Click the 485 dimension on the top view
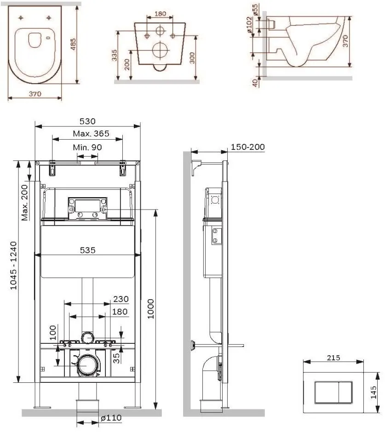pyautogui.click(x=73, y=44)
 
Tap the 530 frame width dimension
pyautogui.click(x=87, y=121)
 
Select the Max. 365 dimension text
pyautogui.click(x=91, y=134)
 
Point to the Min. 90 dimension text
pyautogui.click(x=87, y=148)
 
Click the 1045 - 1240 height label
pyautogui.click(x=13, y=266)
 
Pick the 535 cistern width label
pyautogui.click(x=88, y=250)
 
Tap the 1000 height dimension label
pyautogui.click(x=150, y=309)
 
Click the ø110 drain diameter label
pyautogui.click(x=111, y=418)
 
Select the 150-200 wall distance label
pyautogui.click(x=247, y=147)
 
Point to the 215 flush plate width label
pyautogui.click(x=333, y=358)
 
